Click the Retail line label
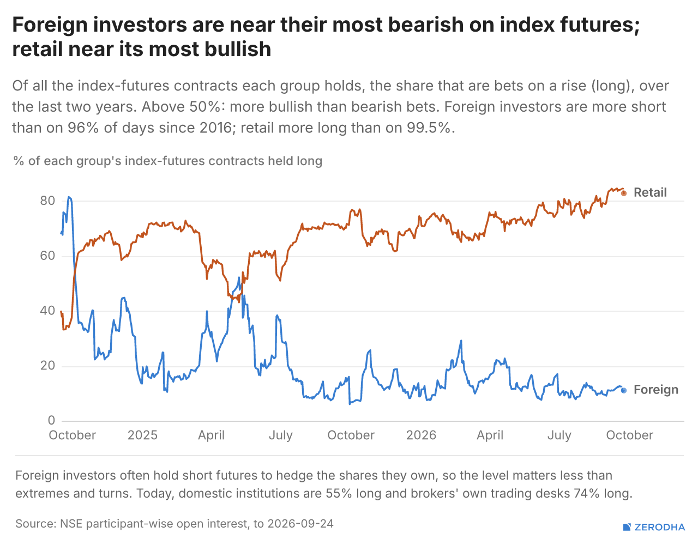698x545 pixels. pyautogui.click(x=650, y=192)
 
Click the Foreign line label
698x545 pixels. pyautogui.click(x=655, y=390)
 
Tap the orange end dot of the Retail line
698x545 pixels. pyautogui.click(x=623, y=193)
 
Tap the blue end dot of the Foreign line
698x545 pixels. pyautogui.click(x=623, y=390)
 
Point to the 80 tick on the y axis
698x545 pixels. pyautogui.click(x=47, y=201)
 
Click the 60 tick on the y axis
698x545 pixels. pyautogui.click(x=47, y=256)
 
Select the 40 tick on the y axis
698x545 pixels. pyautogui.click(x=47, y=311)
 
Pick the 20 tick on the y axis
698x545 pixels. pyautogui.click(x=47, y=366)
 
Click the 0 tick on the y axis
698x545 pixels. pyautogui.click(x=51, y=420)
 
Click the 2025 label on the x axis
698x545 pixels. pyautogui.click(x=142, y=435)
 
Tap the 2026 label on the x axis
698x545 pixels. pyautogui.click(x=421, y=435)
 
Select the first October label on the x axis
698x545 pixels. pyautogui.click(x=73, y=435)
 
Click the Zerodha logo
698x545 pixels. pyautogui.click(x=654, y=527)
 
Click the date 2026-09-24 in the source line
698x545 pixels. pyautogui.click(x=300, y=524)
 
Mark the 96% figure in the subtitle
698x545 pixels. pyautogui.click(x=83, y=128)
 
